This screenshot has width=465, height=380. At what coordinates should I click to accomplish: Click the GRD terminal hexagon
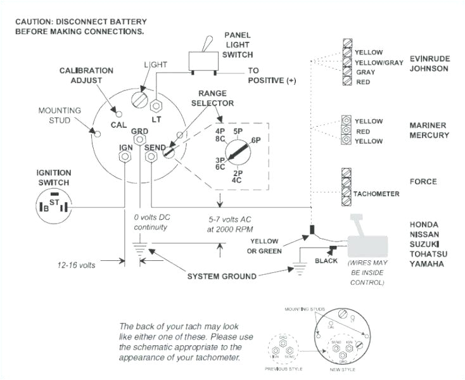click(139, 141)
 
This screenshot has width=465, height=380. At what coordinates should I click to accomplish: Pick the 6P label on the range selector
click(256, 140)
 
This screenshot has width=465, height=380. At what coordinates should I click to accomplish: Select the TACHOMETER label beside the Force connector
click(376, 193)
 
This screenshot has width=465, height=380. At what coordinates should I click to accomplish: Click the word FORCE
click(423, 182)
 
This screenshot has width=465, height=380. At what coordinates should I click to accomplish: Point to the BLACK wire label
click(326, 260)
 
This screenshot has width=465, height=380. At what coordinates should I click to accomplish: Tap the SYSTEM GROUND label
click(222, 276)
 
